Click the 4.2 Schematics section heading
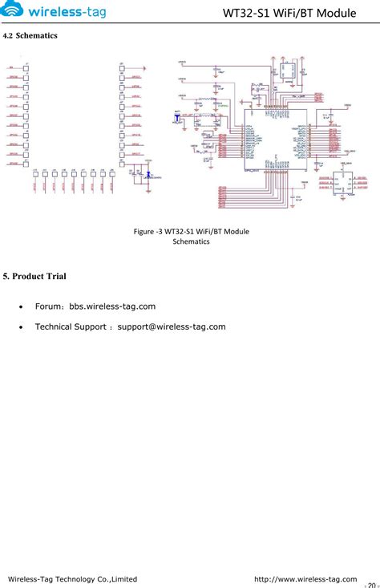coord(30,37)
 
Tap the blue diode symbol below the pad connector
coord(147,174)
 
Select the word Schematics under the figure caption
coord(191,241)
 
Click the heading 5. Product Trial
coord(34,277)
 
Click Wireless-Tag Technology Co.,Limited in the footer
coord(72,578)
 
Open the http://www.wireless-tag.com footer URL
coord(305,578)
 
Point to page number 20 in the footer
coord(371,585)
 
